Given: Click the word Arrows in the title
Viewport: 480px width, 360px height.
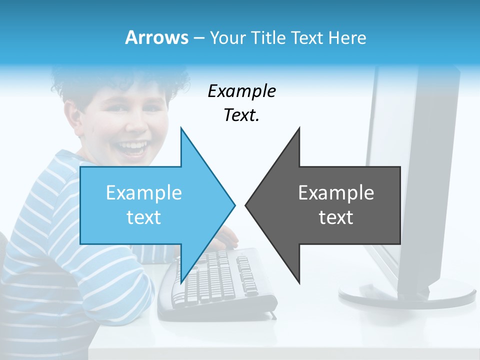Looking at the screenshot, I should coord(156,37).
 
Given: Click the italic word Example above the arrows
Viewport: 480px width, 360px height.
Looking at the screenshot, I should coord(241,91).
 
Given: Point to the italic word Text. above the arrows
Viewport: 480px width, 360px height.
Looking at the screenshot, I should coord(241,115).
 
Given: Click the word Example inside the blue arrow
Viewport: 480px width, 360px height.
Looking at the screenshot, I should coord(144,193).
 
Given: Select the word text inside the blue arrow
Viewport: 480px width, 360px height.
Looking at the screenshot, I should coord(144,217).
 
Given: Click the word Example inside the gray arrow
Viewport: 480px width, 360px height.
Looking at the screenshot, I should coord(336,193).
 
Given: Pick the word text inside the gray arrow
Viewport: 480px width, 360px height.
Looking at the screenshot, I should coord(336,217).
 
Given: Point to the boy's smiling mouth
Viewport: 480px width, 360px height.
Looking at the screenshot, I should coord(134,148).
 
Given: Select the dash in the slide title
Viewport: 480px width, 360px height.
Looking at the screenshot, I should coord(198,38).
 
